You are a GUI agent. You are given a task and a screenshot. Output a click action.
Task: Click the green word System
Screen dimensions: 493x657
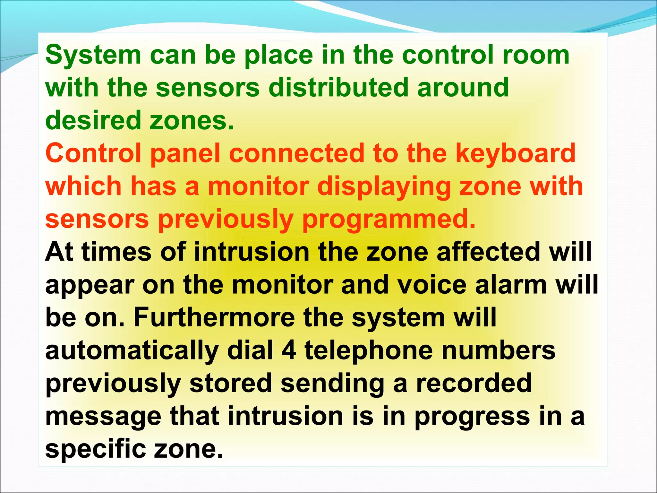click(93, 55)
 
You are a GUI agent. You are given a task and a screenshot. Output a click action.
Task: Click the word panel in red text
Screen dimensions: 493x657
click(185, 153)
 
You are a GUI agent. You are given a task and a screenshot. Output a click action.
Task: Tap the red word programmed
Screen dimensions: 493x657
click(388, 220)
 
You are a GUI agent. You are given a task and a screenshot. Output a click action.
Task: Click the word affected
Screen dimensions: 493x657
click(488, 252)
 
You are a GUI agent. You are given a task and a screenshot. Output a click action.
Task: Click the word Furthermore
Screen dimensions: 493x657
click(214, 317)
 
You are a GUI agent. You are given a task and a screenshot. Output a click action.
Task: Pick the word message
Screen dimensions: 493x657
click(103, 417)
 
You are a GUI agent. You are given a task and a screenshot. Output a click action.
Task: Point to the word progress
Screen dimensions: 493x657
click(472, 417)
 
